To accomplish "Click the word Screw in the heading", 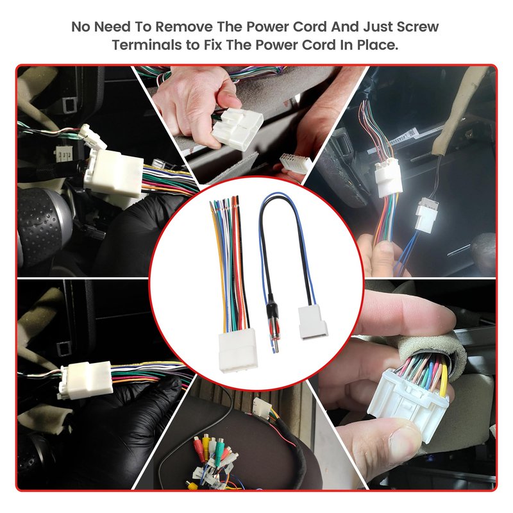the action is pyautogui.click(x=418, y=26).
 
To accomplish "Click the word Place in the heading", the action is pyautogui.click(x=377, y=45).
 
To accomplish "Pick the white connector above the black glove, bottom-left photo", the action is pyautogui.click(x=86, y=380).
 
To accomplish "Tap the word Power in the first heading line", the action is pyautogui.click(x=267, y=26).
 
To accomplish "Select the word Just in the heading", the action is pyautogui.click(x=378, y=26).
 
